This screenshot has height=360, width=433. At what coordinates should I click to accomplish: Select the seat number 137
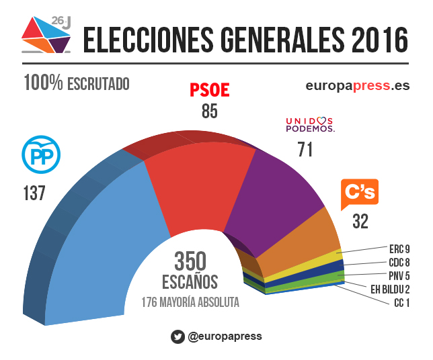pos(33,193)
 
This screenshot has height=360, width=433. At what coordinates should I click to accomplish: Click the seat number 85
pos(209,111)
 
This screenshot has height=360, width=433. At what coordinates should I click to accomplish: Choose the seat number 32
pos(361,222)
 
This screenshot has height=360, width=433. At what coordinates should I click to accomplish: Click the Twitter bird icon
pos(178,337)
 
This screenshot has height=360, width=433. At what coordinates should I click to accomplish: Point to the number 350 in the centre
pos(190,262)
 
